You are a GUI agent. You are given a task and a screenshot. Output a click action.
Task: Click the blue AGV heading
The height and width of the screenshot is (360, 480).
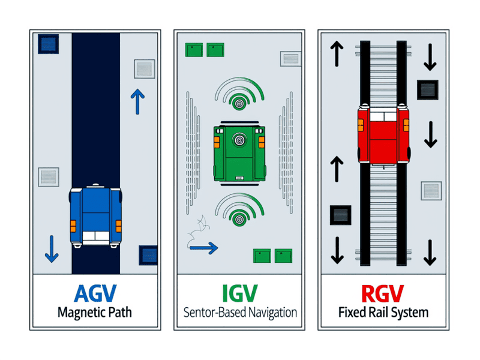coord(95,294)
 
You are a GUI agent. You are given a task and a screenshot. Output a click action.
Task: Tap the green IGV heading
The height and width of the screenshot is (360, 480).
coord(239,294)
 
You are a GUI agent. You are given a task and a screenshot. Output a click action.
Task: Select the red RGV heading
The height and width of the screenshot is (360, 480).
coord(382,294)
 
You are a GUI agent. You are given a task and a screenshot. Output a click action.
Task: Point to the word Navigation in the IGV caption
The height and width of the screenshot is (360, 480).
coord(269,313)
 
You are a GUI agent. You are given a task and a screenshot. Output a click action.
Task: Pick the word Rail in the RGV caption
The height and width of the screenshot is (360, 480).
coord(382,313)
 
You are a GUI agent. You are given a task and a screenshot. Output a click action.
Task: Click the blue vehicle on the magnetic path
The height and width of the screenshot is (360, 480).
coord(95,215)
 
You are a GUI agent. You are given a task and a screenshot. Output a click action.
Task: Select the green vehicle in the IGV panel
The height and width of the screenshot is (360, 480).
coord(239,152)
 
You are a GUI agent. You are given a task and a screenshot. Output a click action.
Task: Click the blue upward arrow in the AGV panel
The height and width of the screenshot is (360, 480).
coord(136,101)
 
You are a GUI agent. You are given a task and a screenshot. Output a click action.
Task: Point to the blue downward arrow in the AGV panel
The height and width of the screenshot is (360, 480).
coord(52,248)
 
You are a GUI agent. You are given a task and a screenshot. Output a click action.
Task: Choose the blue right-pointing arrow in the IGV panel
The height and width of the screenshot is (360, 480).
coord(207,246)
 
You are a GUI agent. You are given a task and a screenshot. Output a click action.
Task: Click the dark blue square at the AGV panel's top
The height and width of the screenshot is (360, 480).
coord(47,43)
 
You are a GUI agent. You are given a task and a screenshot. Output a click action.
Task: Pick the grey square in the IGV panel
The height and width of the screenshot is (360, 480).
coord(290,58)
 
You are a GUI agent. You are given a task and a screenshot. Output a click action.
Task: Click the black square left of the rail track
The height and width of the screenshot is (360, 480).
coord(340,214)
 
